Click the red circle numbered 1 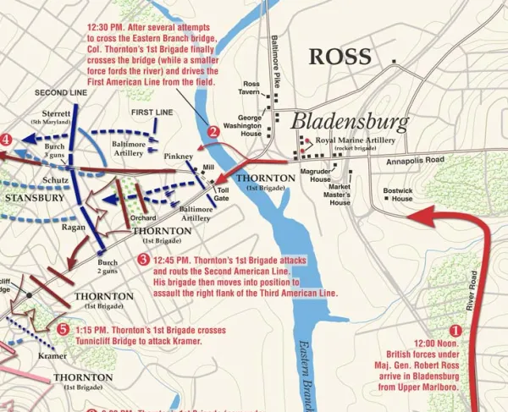click(x=456, y=332)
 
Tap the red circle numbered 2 click(x=214, y=131)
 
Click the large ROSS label click(x=340, y=57)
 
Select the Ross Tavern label click(x=251, y=88)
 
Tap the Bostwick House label click(x=396, y=194)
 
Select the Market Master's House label click(x=340, y=194)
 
